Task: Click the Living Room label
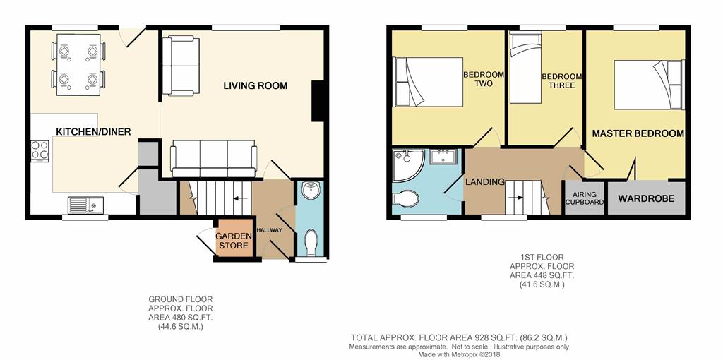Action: (255, 85)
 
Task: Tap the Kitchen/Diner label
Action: (93, 132)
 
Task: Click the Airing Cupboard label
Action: (584, 198)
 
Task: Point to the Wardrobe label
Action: (646, 198)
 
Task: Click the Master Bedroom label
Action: (638, 133)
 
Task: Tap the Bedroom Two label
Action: (484, 79)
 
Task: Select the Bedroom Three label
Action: (561, 80)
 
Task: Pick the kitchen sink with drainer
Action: (85, 205)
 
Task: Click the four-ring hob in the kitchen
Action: (40, 150)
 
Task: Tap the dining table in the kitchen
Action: (78, 64)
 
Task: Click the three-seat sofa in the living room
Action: (214, 159)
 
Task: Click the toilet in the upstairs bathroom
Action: (405, 199)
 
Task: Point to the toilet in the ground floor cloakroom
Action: (311, 243)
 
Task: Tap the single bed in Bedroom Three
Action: (525, 68)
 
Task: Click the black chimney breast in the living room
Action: (317, 101)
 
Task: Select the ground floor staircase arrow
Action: (239, 198)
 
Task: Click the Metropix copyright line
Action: (458, 355)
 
